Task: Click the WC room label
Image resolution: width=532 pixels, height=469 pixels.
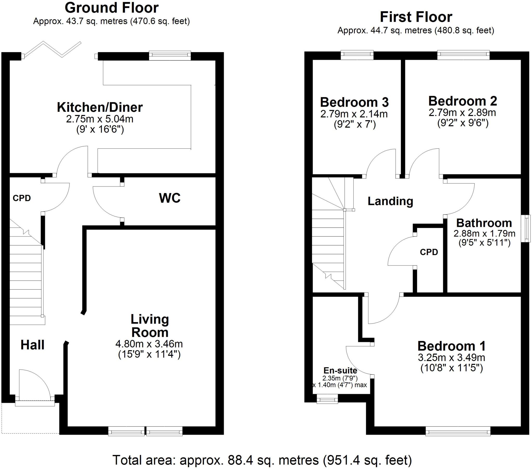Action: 169,198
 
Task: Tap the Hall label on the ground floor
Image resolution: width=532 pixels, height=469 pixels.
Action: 32,345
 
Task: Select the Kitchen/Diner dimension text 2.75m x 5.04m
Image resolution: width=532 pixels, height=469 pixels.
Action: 100,119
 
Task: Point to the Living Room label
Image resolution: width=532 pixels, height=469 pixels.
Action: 150,326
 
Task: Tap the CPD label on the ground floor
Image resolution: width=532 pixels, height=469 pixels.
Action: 22,198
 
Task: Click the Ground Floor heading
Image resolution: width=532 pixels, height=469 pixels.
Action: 111,8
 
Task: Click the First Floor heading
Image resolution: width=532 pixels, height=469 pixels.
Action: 416,17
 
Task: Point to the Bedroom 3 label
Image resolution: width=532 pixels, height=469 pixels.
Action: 354,102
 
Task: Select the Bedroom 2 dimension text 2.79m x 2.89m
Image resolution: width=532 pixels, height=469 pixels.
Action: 462,113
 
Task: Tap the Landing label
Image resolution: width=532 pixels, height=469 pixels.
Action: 390,201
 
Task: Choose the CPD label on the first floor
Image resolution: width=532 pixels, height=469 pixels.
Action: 429,252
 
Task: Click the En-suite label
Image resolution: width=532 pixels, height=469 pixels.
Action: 340,370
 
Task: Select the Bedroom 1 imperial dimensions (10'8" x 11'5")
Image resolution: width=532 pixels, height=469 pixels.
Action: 451,368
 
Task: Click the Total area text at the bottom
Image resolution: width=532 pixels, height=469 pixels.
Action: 262,460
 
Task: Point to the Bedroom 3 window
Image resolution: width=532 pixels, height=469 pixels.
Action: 357,54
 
